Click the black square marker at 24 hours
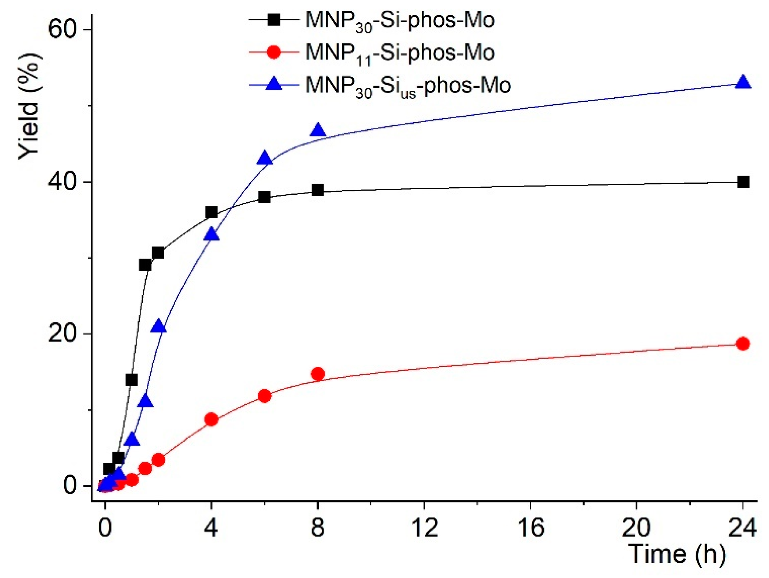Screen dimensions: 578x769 (x=743, y=182)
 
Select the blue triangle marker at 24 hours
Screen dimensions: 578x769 (x=743, y=82)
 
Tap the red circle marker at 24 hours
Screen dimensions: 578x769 (x=743, y=343)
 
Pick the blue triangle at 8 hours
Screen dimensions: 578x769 (x=318, y=131)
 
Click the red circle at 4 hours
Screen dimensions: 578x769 (x=211, y=419)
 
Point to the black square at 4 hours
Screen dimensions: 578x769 (x=211, y=212)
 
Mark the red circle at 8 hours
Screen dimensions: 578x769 (x=318, y=374)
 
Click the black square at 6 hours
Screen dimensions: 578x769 (x=264, y=197)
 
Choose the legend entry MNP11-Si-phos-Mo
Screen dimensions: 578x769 (x=400, y=53)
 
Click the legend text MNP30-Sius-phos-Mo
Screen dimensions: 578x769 (x=408, y=85)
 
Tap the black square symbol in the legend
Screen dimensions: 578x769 (x=274, y=20)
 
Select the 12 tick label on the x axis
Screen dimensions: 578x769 (x=424, y=528)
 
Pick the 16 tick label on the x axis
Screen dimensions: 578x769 (x=531, y=528)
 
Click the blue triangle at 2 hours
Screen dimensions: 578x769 (x=158, y=326)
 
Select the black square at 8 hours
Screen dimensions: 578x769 (x=318, y=190)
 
